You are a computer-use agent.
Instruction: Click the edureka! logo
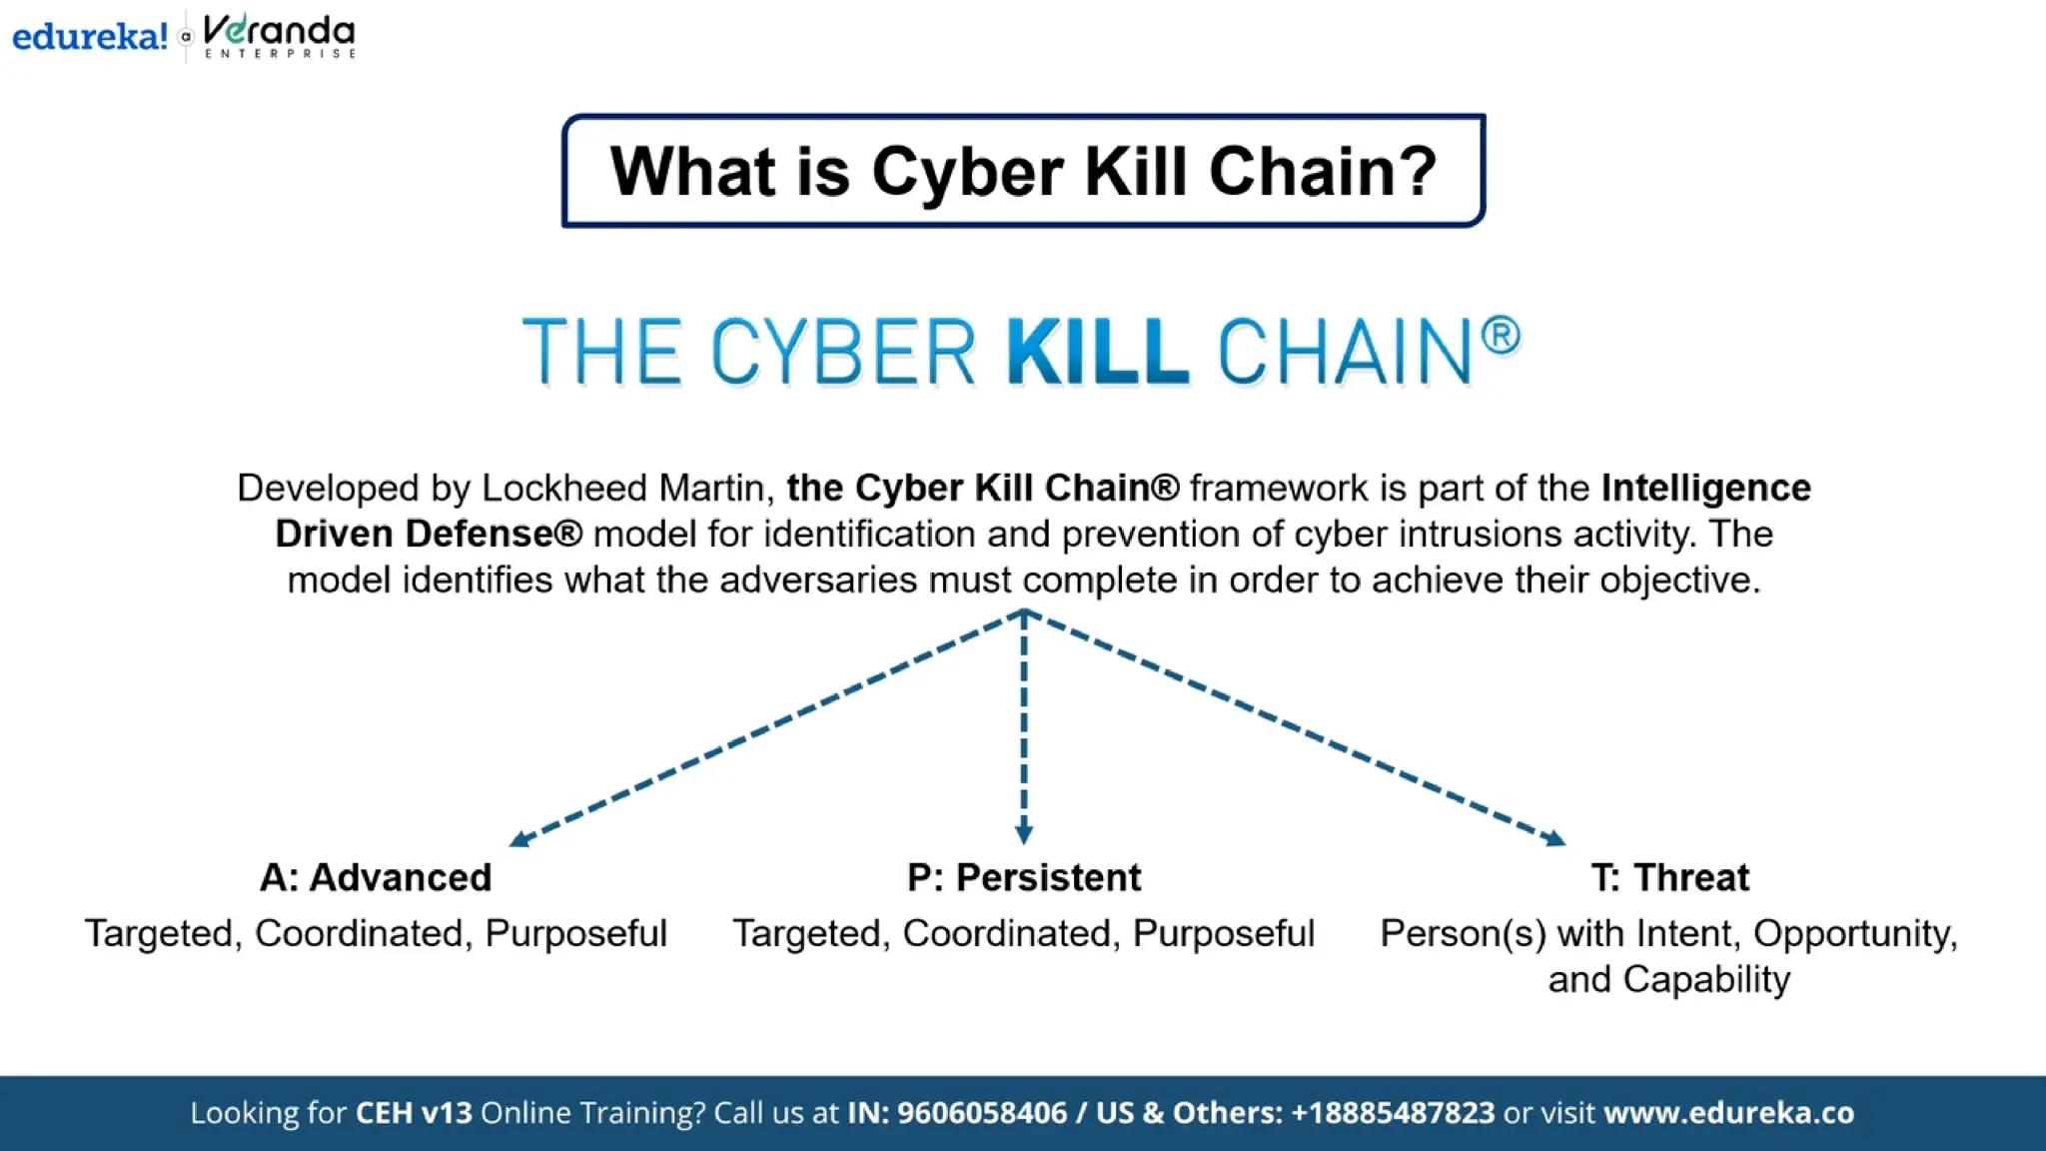tap(89, 37)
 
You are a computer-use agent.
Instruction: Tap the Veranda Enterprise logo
tap(279, 37)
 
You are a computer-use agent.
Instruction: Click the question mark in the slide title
tap(1418, 171)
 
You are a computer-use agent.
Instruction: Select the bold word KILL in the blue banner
tap(1097, 352)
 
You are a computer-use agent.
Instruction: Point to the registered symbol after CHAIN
tap(1500, 336)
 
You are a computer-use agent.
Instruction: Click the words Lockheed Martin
tap(623, 488)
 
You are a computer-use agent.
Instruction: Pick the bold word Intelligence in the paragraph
tap(1705, 488)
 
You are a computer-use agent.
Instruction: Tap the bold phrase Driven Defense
tap(428, 534)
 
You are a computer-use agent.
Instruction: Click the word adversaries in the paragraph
tap(817, 579)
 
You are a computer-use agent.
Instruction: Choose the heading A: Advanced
tap(376, 877)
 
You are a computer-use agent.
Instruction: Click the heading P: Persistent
tap(1023, 877)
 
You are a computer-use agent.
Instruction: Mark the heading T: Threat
tap(1669, 877)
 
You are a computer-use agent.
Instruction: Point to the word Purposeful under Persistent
tap(1223, 933)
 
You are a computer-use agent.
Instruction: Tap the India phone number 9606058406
tap(981, 1112)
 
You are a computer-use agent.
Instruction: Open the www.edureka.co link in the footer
tap(1728, 1112)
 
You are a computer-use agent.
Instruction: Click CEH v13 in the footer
tap(414, 1112)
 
